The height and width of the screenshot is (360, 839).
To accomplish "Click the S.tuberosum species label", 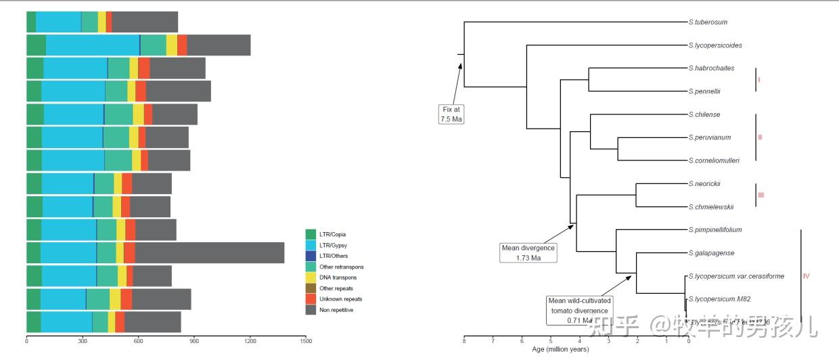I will [x=708, y=22].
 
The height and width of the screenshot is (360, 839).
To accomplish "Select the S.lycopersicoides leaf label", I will [x=715, y=46].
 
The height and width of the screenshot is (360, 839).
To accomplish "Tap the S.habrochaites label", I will [x=711, y=68].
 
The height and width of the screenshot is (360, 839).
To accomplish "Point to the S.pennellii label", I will [x=704, y=91].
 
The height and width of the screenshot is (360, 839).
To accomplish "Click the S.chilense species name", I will [x=704, y=114].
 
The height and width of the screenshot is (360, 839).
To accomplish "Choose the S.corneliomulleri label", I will [x=714, y=161].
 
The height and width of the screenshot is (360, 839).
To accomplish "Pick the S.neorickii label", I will [x=704, y=183].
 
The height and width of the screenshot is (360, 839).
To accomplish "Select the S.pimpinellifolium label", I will [x=715, y=230].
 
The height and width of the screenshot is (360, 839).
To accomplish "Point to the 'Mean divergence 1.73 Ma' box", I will [x=528, y=252].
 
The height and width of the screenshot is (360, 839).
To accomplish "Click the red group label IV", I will [x=806, y=276].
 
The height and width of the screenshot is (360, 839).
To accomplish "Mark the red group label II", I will [x=760, y=137].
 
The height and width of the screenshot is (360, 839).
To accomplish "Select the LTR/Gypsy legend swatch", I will [x=311, y=245].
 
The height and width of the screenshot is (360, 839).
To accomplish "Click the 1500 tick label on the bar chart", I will [x=305, y=342].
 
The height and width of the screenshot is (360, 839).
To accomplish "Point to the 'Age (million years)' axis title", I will [x=560, y=349].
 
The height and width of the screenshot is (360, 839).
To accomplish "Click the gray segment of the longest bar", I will [x=209, y=253].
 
